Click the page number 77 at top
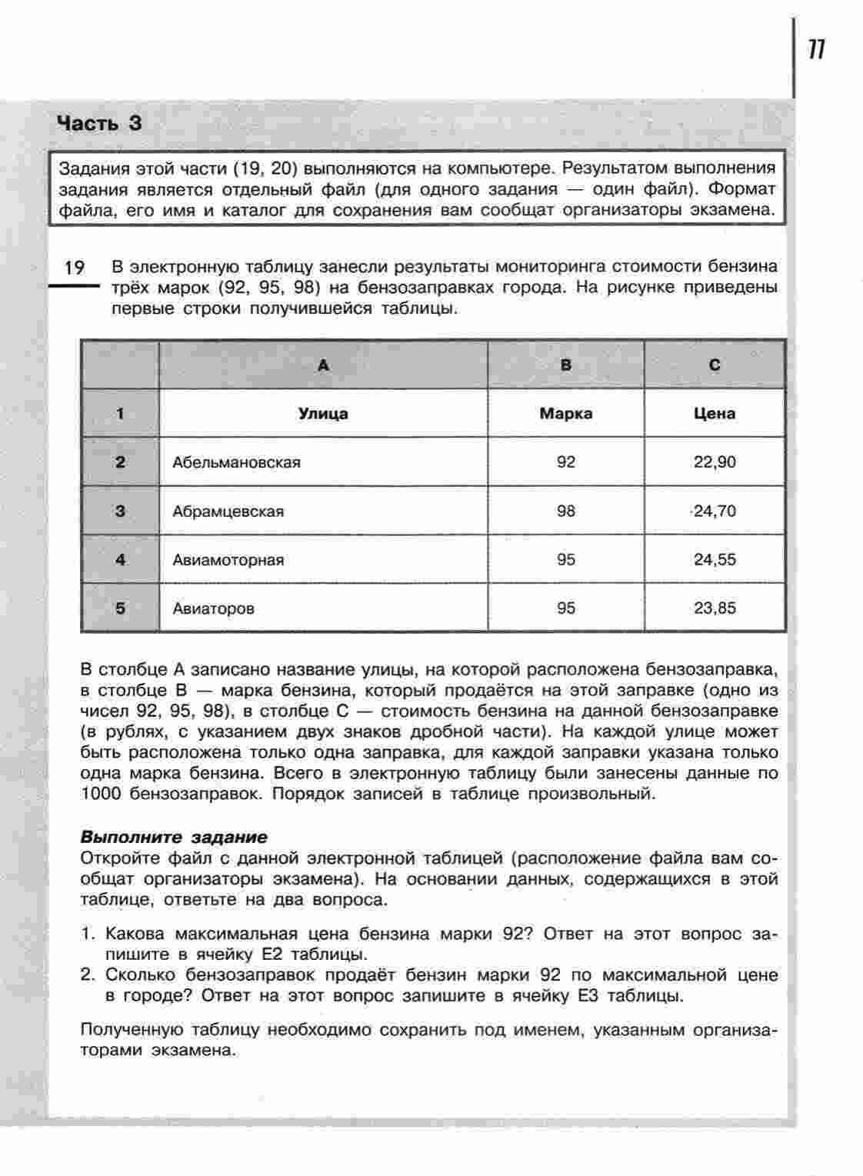[816, 50]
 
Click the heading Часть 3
[100, 123]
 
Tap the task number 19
[74, 268]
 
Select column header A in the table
[323, 365]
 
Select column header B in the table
[566, 365]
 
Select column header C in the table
[715, 365]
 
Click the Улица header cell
[323, 414]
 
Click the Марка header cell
[566, 414]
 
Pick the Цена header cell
[715, 414]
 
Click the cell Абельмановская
[236, 462]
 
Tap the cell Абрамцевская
[228, 511]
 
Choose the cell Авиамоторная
[228, 560]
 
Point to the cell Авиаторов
[214, 608]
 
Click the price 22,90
[715, 462]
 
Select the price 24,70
[715, 511]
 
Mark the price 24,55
[715, 560]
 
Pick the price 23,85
[715, 608]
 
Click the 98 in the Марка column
[566, 511]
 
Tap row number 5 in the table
[120, 608]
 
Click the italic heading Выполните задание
[174, 837]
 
